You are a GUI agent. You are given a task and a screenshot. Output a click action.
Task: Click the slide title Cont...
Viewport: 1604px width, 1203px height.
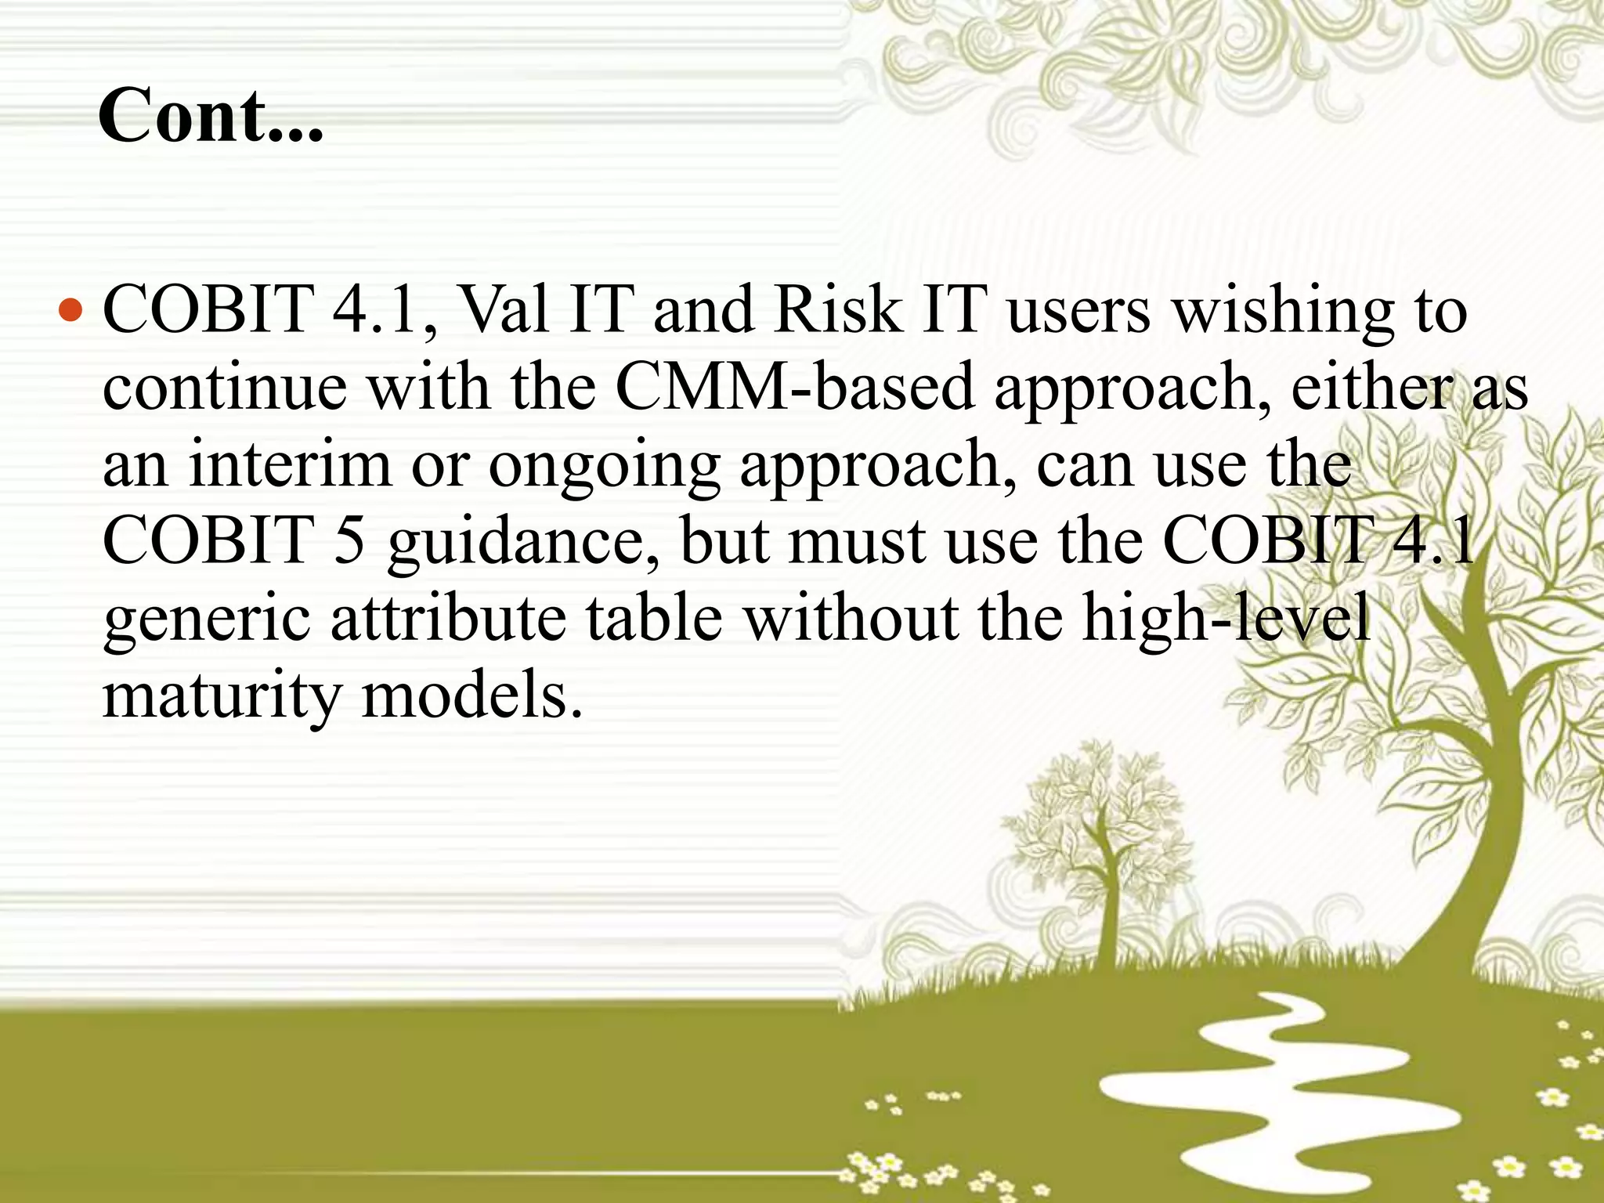(x=210, y=116)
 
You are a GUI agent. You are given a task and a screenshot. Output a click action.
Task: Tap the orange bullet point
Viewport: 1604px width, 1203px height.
(x=70, y=311)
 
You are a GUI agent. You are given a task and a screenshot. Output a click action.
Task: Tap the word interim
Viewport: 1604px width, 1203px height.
(x=290, y=464)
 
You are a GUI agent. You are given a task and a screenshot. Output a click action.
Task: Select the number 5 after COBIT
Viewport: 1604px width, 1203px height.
(x=349, y=540)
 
